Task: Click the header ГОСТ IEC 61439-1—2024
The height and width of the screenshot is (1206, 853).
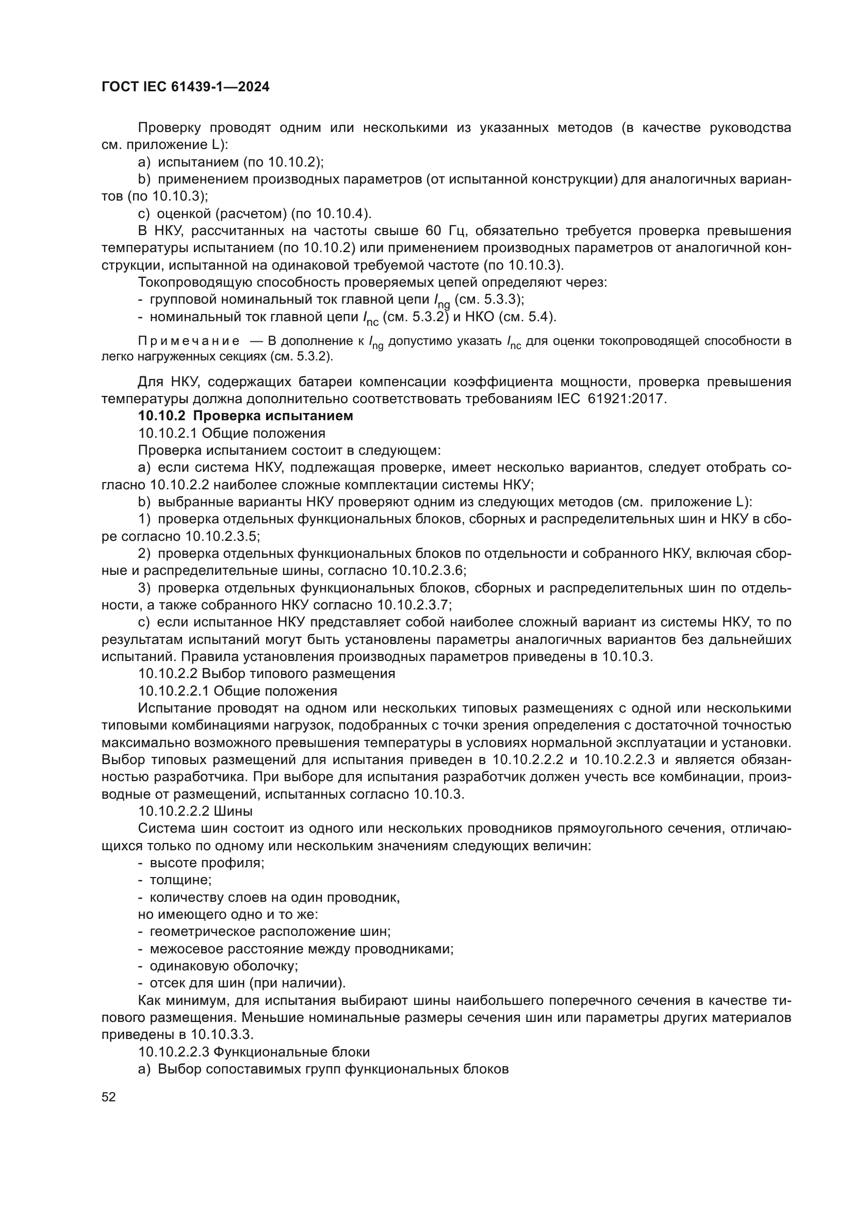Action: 186,87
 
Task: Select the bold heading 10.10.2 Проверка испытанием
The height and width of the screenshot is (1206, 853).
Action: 245,416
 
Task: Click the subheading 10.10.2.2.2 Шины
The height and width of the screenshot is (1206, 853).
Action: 195,812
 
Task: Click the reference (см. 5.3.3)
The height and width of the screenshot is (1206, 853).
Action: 489,300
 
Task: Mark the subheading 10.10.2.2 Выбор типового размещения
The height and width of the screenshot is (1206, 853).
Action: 266,673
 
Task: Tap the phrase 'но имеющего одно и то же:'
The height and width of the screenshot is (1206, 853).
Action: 228,915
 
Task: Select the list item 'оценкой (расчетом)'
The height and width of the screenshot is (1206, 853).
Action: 221,214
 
